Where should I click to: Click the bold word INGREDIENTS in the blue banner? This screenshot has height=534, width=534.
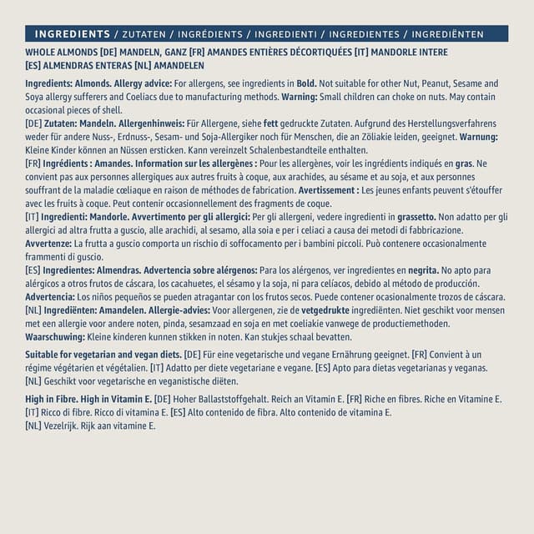pos(73,34)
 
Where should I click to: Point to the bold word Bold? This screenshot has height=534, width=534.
pos(306,83)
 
